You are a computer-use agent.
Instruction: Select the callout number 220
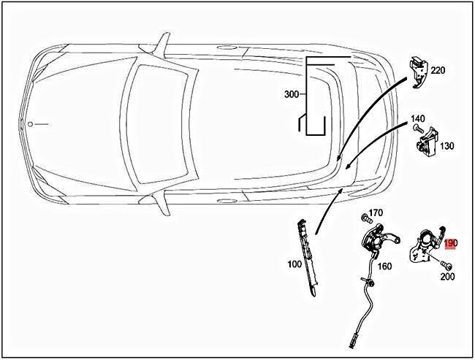click(438, 71)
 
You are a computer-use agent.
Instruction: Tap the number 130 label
click(447, 146)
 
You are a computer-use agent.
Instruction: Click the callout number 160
click(385, 266)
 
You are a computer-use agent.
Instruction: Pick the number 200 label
click(448, 277)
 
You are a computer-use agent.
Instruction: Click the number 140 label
click(417, 118)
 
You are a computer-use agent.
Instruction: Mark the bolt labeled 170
click(363, 218)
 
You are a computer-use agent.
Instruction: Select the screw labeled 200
click(446, 264)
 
